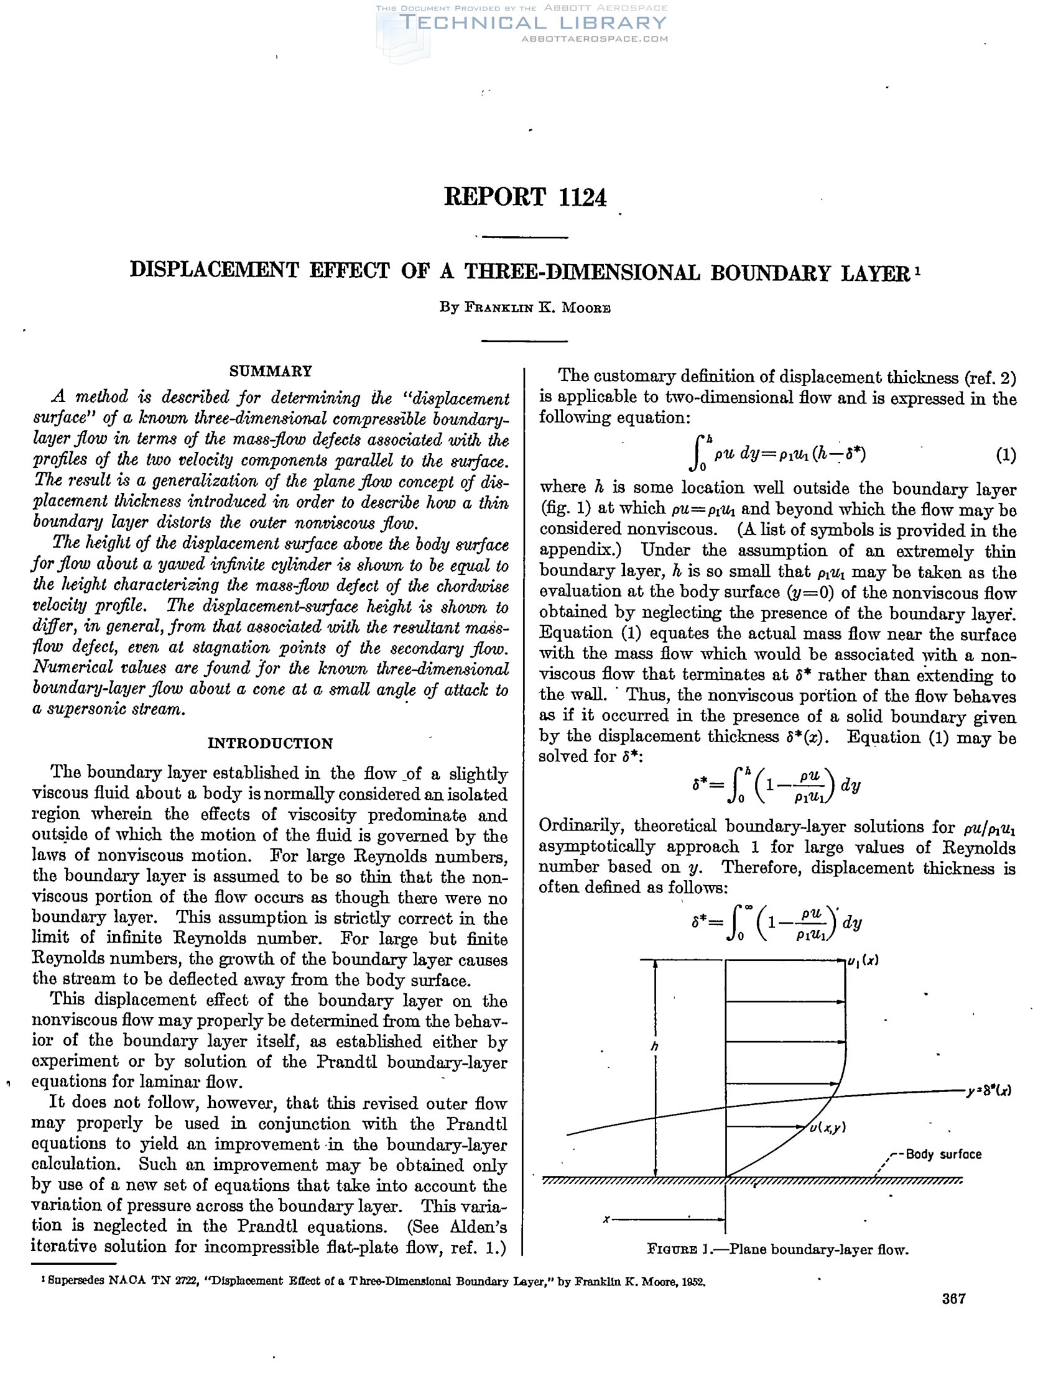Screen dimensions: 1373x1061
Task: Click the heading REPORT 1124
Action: (x=525, y=198)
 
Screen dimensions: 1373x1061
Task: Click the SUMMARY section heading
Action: (x=271, y=371)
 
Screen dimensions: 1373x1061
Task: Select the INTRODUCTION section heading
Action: (x=271, y=743)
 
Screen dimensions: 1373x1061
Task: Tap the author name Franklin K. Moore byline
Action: (x=525, y=308)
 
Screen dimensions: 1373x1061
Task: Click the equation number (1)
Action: (x=1006, y=455)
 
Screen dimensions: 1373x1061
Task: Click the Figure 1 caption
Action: (x=777, y=1249)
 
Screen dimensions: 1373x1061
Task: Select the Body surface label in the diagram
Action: (x=943, y=1154)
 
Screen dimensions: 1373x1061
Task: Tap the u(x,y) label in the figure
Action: (x=828, y=1127)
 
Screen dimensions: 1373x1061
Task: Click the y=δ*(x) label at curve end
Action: (x=989, y=1091)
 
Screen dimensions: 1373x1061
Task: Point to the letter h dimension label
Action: (x=655, y=1047)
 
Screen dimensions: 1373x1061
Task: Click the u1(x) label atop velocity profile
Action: (x=863, y=960)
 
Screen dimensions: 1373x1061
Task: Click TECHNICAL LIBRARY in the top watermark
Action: (x=533, y=23)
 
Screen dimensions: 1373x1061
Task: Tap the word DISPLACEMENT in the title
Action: (x=214, y=270)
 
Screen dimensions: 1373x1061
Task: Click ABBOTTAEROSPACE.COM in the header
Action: (x=595, y=39)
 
